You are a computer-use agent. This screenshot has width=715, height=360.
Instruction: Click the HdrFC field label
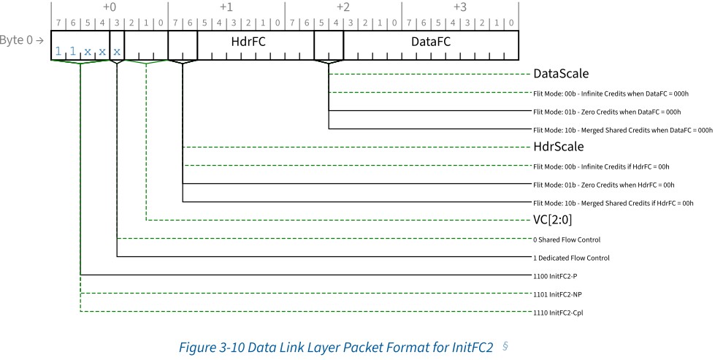click(x=248, y=42)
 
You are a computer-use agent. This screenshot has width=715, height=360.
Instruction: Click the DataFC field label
click(x=430, y=42)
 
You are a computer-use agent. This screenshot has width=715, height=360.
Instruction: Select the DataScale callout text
click(x=561, y=74)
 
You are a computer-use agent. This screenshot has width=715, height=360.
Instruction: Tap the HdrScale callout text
click(x=559, y=147)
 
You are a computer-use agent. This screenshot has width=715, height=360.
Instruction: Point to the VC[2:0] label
click(x=553, y=220)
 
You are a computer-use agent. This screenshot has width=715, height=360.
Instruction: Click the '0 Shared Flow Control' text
click(x=567, y=240)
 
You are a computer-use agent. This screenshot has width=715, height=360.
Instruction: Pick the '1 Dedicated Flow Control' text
click(x=571, y=258)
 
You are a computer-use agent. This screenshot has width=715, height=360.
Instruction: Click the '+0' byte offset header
click(x=110, y=7)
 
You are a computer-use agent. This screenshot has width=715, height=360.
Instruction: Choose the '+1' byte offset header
click(x=226, y=7)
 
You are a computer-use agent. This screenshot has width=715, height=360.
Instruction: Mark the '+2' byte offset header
click(x=343, y=7)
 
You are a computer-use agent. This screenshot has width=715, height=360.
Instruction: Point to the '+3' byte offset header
click(x=459, y=7)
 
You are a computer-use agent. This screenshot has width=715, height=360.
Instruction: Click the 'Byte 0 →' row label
click(x=22, y=40)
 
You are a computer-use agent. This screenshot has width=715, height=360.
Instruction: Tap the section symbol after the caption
click(x=505, y=346)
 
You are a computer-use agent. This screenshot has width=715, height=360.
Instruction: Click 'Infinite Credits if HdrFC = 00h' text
click(x=625, y=166)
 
